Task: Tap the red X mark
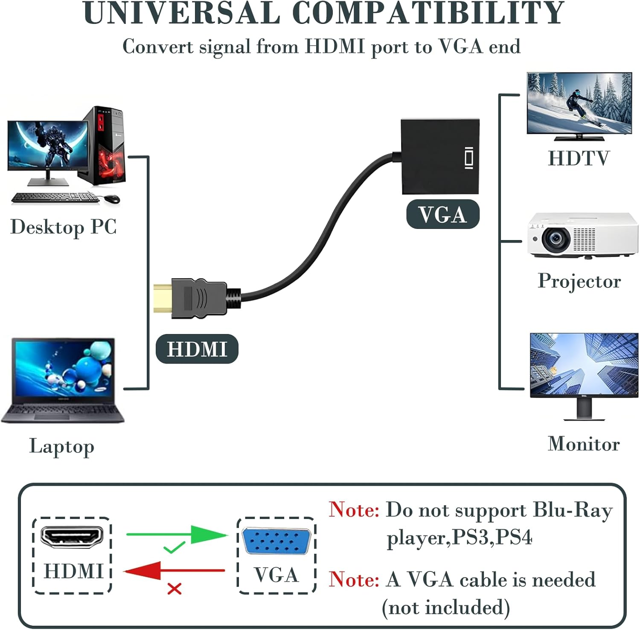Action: point(175,589)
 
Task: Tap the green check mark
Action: point(174,547)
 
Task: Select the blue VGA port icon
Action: point(276,541)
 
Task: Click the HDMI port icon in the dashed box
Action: point(72,537)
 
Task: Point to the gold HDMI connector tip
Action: point(162,297)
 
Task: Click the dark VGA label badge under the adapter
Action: point(442,214)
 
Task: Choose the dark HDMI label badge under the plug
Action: point(197,349)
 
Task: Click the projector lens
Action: point(556,239)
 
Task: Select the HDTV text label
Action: point(579,158)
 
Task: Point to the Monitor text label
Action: point(583,444)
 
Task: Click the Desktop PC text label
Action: point(63,227)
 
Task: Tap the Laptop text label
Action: point(62,447)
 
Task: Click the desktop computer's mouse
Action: point(111,199)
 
